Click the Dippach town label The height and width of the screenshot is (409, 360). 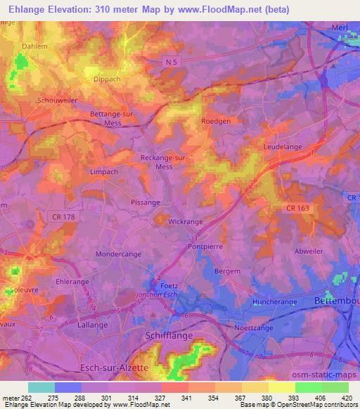pos(109,79)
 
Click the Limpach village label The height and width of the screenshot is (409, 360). pos(103,171)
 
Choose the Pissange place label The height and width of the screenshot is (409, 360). pos(145,202)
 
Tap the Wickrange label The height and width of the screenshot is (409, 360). pos(186,221)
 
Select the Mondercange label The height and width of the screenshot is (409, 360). pos(118,253)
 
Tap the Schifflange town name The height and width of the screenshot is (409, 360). pos(167,337)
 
